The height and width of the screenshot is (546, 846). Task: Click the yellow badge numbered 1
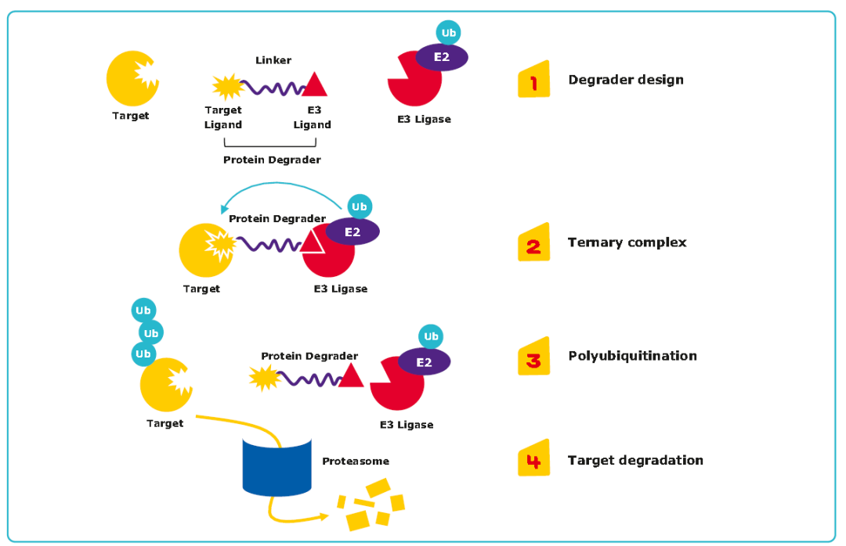click(533, 80)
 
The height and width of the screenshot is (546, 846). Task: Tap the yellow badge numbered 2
click(533, 243)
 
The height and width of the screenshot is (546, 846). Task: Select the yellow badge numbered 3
click(533, 357)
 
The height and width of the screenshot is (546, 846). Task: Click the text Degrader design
click(625, 80)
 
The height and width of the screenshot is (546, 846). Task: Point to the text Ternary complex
click(627, 242)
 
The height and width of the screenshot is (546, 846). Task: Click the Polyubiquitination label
click(632, 356)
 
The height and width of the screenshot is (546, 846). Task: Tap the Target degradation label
click(635, 460)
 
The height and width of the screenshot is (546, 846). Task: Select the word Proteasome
click(356, 462)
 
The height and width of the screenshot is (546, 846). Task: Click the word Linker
click(273, 60)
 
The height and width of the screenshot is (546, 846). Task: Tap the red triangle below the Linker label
click(315, 84)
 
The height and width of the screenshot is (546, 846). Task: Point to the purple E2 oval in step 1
click(442, 57)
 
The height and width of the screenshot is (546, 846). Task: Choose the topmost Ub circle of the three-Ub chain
click(143, 311)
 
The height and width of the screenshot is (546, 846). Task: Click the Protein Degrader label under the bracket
click(272, 160)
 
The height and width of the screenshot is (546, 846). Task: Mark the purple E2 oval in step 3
click(425, 362)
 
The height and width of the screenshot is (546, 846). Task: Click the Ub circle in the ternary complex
click(360, 207)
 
